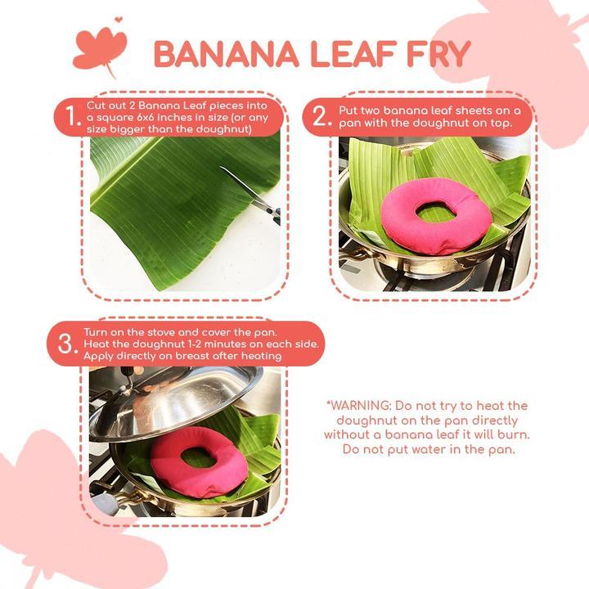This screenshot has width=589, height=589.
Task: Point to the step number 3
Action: click(x=65, y=344)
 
